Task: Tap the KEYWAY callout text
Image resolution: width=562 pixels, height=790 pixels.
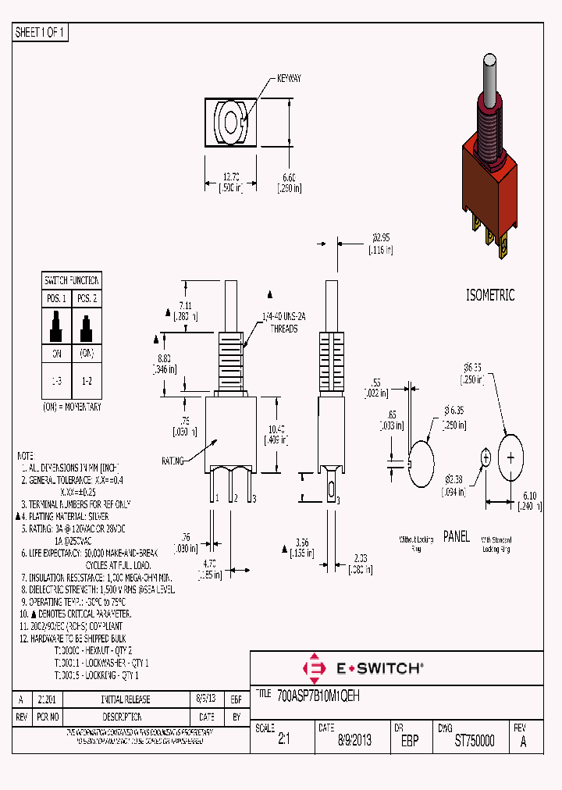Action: point(289,80)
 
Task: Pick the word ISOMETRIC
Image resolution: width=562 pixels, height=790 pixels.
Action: point(490,296)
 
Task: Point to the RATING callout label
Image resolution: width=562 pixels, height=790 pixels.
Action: point(173,461)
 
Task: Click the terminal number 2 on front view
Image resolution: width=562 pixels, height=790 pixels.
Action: point(233,496)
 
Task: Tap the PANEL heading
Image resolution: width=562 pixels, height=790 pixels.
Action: point(457,537)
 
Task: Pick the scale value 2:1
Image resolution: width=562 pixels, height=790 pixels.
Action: point(283,742)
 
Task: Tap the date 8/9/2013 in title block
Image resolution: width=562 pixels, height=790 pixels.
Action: point(354,742)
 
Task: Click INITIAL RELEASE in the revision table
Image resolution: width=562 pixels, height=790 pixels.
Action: point(126,699)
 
